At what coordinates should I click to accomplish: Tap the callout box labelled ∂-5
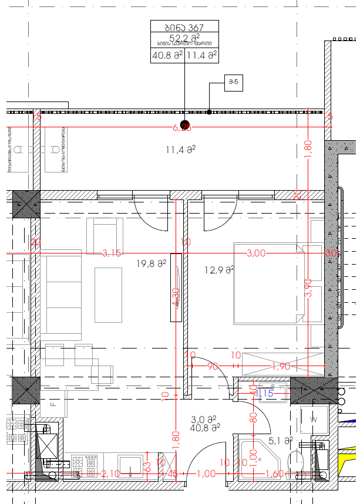click(233, 82)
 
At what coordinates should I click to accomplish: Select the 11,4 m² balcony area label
click(180, 150)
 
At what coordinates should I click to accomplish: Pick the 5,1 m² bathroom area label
click(281, 440)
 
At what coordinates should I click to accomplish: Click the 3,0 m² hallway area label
click(204, 420)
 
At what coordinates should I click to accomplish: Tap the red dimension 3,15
click(111, 253)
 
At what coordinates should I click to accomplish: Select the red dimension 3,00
click(255, 253)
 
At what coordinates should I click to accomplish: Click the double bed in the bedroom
click(268, 283)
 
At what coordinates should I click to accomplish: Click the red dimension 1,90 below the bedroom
click(281, 367)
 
